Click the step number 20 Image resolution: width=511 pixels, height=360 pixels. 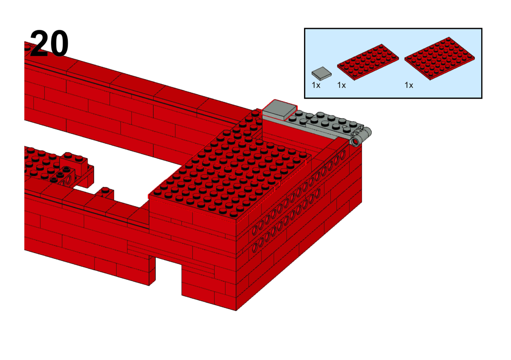click(x=49, y=43)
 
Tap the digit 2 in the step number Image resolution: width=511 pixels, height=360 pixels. click(x=39, y=43)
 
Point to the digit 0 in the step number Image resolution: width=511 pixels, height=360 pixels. click(x=59, y=44)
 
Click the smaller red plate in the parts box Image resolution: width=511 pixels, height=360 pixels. click(x=368, y=62)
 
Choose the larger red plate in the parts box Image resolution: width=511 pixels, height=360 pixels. click(x=439, y=59)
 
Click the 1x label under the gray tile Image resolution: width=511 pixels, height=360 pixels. click(x=316, y=85)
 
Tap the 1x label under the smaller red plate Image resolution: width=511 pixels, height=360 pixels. click(x=342, y=85)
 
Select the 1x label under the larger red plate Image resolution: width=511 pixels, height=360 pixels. click(x=409, y=85)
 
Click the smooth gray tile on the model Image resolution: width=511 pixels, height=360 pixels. click(x=279, y=109)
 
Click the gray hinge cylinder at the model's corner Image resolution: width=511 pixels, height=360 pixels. click(x=360, y=137)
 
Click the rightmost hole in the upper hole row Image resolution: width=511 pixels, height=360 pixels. click(x=343, y=155)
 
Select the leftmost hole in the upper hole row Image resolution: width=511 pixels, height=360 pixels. click(x=255, y=230)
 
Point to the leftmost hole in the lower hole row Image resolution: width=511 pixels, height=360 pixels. click(x=255, y=247)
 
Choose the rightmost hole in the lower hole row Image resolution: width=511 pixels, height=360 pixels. click(x=318, y=193)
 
